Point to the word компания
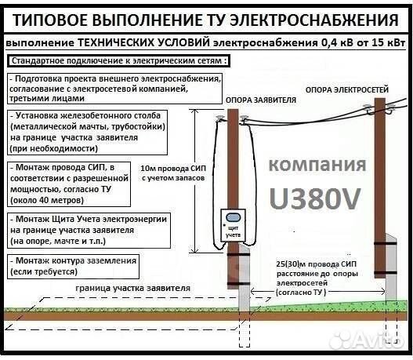click(x=316, y=165)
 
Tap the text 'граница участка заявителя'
click(x=133, y=288)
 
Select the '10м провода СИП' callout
click(x=171, y=173)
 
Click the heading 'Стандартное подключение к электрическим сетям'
click(x=118, y=60)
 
